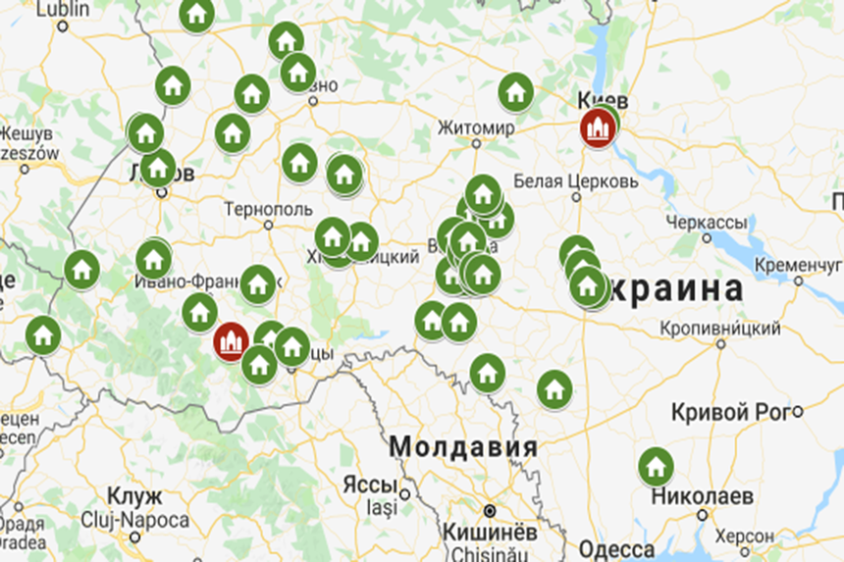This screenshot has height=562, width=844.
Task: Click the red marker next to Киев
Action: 598,128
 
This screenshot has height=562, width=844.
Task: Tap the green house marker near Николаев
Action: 656,466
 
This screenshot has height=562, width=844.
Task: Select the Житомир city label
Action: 476,128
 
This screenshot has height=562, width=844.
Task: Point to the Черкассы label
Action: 708,223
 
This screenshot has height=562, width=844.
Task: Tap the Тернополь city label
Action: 268,209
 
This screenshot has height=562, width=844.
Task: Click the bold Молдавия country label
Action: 463,447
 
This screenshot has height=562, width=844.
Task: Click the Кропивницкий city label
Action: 720,328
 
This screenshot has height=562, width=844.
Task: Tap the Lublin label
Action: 62,9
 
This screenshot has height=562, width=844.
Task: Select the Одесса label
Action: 616,549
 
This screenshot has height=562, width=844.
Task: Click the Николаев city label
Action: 702,496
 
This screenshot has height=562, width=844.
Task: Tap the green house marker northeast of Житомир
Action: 515,92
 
